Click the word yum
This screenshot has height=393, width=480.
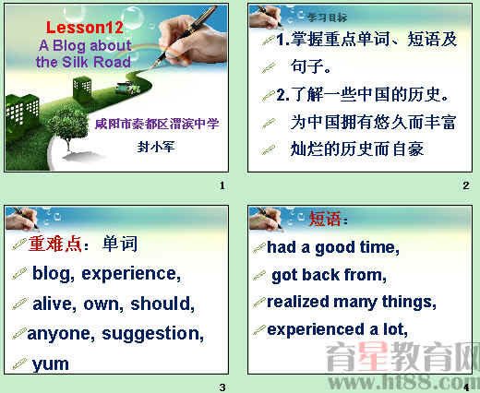(51, 363)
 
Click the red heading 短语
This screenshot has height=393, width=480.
(327, 220)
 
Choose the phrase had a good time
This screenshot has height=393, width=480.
(332, 247)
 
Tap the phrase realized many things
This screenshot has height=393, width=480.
(352, 302)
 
